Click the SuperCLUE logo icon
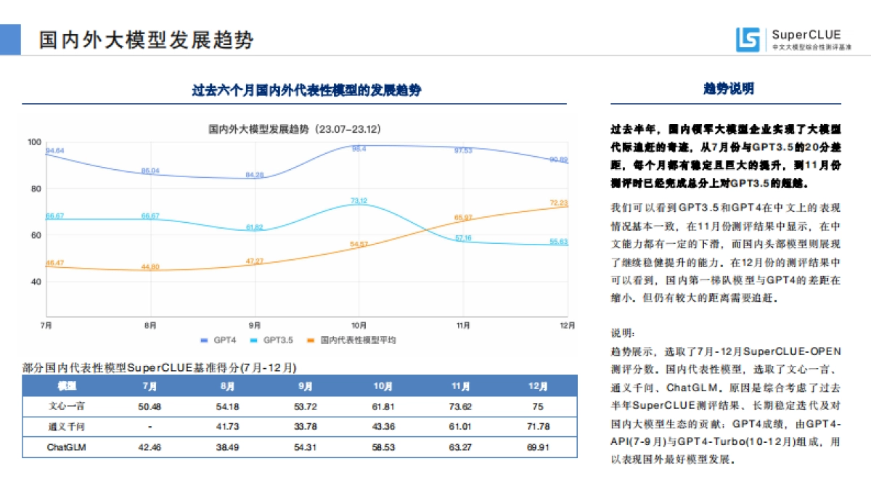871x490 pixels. click(x=748, y=38)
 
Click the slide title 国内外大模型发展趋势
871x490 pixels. click(x=147, y=39)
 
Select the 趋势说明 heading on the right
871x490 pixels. click(x=729, y=89)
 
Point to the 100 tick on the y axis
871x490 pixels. click(x=34, y=142)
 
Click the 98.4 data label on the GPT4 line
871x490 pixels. click(x=359, y=149)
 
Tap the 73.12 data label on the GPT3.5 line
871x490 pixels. click(x=359, y=200)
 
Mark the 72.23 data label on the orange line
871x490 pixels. click(x=558, y=203)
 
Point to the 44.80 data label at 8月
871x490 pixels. click(x=151, y=266)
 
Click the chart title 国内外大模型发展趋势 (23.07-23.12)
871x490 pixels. click(x=295, y=129)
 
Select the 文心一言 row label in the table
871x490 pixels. click(x=66, y=407)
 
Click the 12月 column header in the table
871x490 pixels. click(x=538, y=386)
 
